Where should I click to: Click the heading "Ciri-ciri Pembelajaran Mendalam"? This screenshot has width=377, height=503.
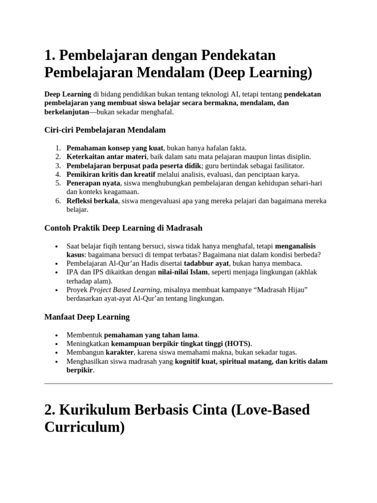(105, 130)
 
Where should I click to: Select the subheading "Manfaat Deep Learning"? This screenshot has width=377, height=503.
(87, 317)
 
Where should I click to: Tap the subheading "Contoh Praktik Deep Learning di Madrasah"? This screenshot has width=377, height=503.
(123, 228)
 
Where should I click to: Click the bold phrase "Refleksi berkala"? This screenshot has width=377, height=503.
(92, 201)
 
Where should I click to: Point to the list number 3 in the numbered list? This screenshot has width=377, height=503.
(57, 166)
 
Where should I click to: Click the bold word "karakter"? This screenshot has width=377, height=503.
(120, 352)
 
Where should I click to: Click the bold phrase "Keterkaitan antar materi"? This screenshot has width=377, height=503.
(107, 157)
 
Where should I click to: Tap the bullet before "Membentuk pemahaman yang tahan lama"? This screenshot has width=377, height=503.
(58, 335)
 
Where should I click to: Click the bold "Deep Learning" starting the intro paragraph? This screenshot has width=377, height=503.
(68, 94)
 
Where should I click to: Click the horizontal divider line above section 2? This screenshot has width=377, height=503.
(188, 383)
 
